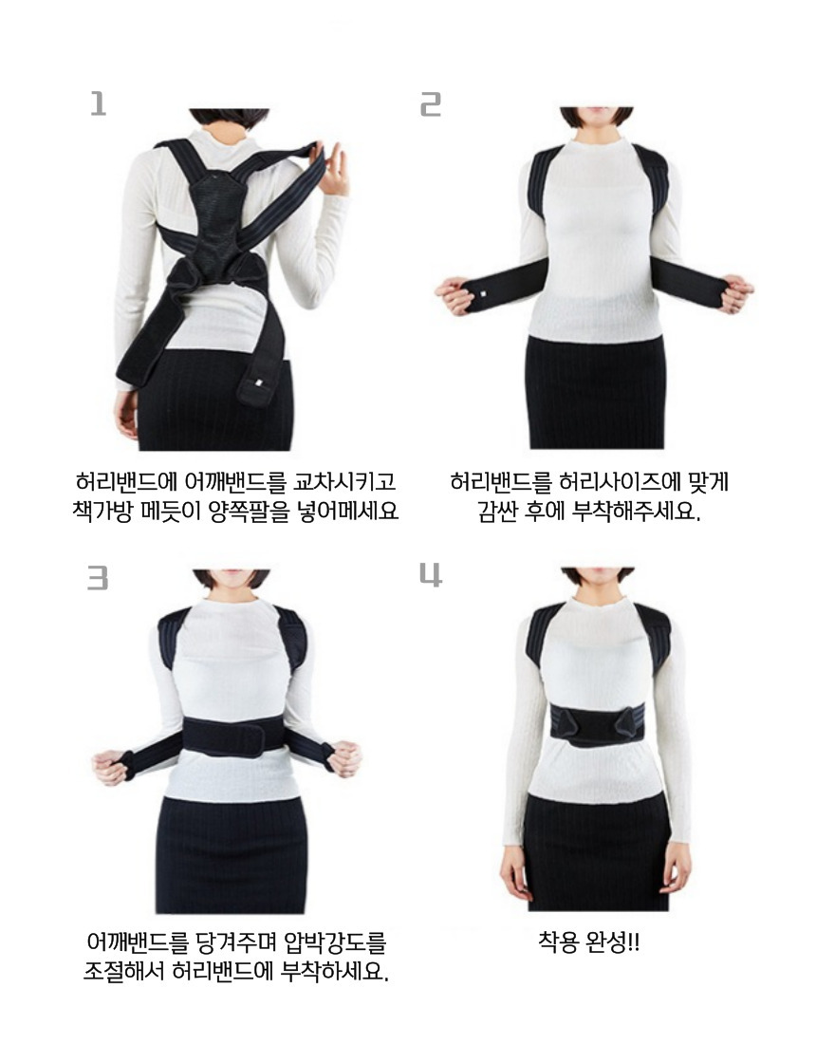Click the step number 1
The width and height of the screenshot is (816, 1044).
tap(99, 103)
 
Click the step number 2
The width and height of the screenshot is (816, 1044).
tap(431, 103)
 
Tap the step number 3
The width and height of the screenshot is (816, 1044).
tap(98, 578)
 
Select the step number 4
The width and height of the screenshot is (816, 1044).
tap(431, 574)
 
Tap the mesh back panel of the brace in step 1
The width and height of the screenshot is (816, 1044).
tap(217, 220)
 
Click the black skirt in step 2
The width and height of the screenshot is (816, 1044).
tap(596, 392)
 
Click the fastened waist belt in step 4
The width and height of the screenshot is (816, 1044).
tap(597, 726)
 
